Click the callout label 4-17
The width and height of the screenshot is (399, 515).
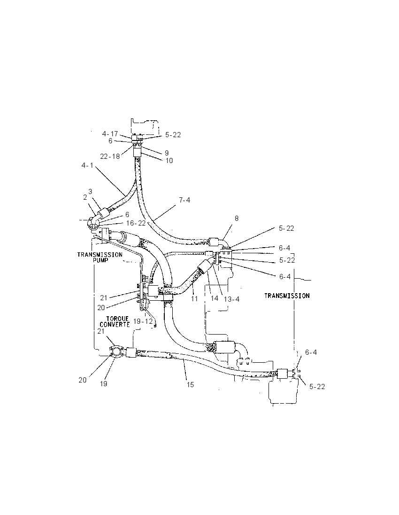click(x=110, y=134)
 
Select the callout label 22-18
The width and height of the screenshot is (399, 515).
click(x=110, y=156)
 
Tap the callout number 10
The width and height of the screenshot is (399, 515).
click(x=169, y=161)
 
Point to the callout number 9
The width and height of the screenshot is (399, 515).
click(x=167, y=153)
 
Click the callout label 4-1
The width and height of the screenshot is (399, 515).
click(x=88, y=165)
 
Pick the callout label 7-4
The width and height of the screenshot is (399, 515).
click(x=184, y=200)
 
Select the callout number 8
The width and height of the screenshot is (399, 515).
click(x=237, y=218)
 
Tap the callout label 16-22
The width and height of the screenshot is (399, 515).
click(x=136, y=223)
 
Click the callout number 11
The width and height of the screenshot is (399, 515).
click(x=195, y=299)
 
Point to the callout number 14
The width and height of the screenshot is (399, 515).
click(x=214, y=298)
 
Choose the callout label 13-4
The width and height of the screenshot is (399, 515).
click(x=232, y=299)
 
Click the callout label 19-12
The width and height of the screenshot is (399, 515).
click(x=143, y=321)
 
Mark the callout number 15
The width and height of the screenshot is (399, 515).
click(x=190, y=385)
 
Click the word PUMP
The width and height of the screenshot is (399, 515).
click(x=100, y=260)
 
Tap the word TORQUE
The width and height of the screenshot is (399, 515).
click(x=117, y=319)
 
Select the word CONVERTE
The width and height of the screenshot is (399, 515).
click(x=115, y=324)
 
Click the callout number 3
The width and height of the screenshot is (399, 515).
click(x=90, y=192)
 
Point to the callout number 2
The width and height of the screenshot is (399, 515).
click(x=85, y=197)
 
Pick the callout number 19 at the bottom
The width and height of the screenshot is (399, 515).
click(x=103, y=383)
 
